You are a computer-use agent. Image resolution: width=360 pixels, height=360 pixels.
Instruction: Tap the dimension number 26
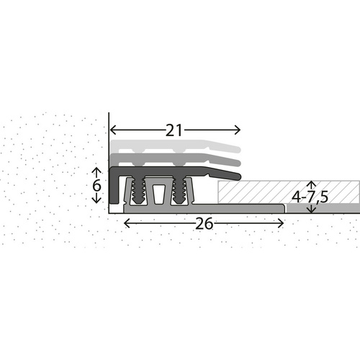pyautogui.click(x=204, y=224)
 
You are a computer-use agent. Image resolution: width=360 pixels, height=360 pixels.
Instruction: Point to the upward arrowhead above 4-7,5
pyautogui.click(x=311, y=184)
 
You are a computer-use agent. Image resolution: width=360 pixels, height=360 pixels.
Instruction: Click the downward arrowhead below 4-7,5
pyautogui.click(x=311, y=210)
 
